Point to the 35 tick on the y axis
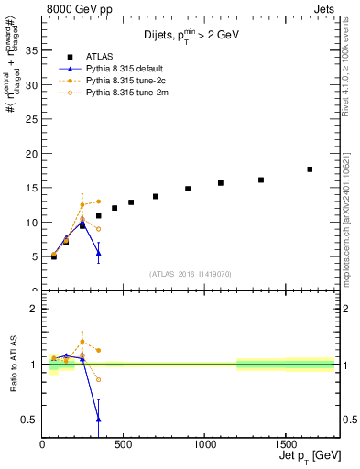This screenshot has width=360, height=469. click(32, 50)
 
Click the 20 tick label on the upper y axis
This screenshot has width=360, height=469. click(32, 153)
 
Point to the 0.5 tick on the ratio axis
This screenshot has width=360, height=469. click(30, 420)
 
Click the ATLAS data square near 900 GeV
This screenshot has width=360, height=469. click(188, 189)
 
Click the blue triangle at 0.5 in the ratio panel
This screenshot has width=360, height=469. click(98, 419)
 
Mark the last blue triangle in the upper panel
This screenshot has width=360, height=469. click(98, 253)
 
